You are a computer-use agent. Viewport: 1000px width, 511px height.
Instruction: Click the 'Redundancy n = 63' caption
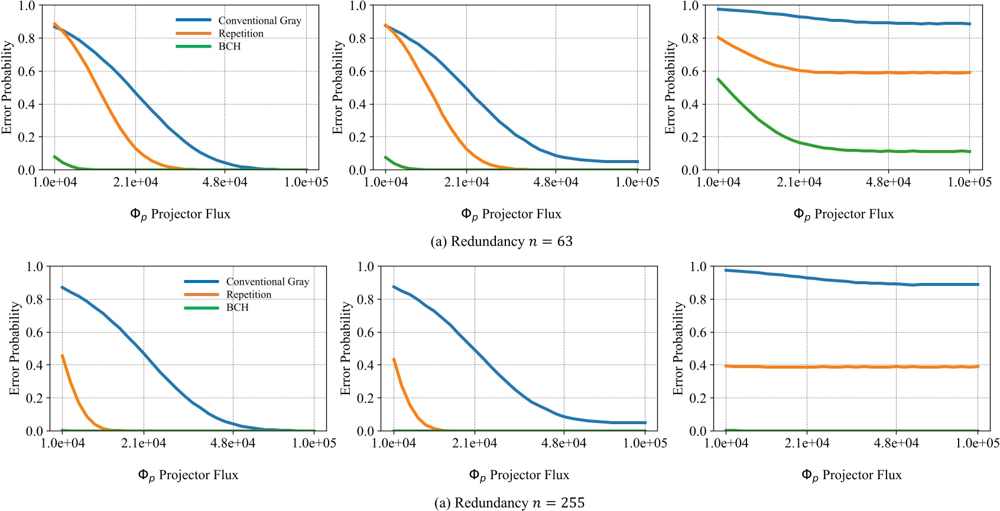click(x=501, y=242)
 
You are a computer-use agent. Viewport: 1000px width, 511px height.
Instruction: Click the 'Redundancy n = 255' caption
click(x=509, y=503)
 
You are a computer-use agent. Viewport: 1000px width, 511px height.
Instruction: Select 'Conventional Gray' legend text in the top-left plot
click(x=259, y=21)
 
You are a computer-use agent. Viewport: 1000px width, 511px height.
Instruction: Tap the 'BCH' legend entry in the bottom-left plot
click(x=237, y=308)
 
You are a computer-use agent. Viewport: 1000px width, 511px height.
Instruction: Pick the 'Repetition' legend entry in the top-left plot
click(x=241, y=34)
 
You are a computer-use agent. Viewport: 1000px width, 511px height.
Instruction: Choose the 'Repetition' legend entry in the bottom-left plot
click(x=248, y=295)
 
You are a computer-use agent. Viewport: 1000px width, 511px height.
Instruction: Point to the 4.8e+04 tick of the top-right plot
click(x=888, y=182)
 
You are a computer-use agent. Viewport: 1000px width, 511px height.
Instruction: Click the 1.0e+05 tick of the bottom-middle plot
click(x=645, y=443)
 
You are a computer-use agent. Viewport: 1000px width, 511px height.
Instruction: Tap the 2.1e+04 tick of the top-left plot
click(x=135, y=182)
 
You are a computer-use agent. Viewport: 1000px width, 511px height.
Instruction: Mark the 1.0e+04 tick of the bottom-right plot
click(x=726, y=443)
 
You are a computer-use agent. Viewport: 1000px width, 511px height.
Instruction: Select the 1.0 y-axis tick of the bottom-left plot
click(x=35, y=266)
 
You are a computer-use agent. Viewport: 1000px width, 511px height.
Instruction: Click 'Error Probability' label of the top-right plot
click(x=670, y=87)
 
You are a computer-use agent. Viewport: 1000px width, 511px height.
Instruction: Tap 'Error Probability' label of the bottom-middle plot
click(x=346, y=349)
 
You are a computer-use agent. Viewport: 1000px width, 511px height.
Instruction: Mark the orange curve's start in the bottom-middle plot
click(x=394, y=359)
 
